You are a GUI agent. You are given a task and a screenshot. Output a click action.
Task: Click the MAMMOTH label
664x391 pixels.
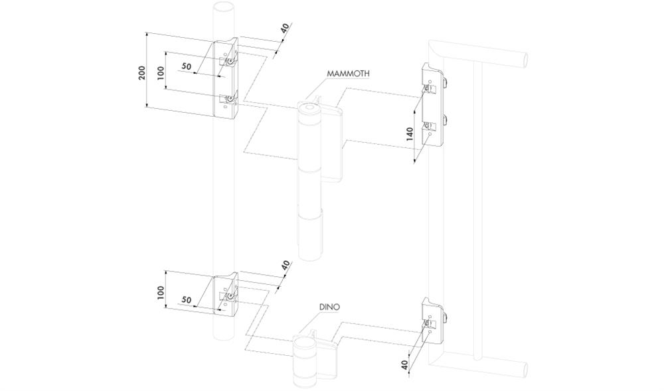348,73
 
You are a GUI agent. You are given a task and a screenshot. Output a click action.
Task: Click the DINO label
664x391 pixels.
329,307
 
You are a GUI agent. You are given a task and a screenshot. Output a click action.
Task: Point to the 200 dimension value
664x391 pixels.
142,72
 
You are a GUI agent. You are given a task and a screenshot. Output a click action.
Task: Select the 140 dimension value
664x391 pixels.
410,133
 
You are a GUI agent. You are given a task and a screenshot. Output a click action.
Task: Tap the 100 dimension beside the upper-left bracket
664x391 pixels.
160,72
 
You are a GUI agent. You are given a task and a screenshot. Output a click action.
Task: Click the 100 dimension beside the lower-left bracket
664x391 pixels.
160,293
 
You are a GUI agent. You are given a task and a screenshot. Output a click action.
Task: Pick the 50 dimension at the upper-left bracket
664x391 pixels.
187,66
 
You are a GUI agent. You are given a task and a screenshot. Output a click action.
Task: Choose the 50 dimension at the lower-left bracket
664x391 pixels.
187,299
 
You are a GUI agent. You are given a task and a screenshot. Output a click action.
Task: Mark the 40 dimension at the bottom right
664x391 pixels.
406,364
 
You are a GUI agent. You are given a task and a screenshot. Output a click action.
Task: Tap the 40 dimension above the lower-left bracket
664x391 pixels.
286,266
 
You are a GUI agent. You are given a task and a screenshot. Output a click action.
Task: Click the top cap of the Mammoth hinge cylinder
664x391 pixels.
309,108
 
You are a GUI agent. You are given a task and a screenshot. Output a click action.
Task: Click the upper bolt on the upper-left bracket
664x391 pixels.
230,62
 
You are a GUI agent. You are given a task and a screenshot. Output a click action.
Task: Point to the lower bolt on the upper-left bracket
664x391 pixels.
230,100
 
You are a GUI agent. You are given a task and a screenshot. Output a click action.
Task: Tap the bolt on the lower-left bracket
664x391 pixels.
230,296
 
